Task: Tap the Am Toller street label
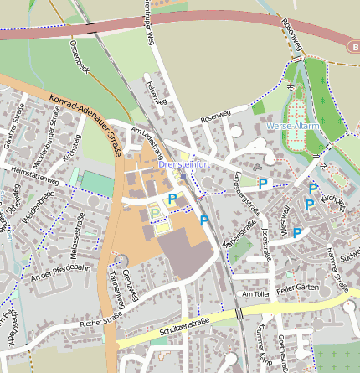(x=256, y=295)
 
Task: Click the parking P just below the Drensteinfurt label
(x=172, y=199)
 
